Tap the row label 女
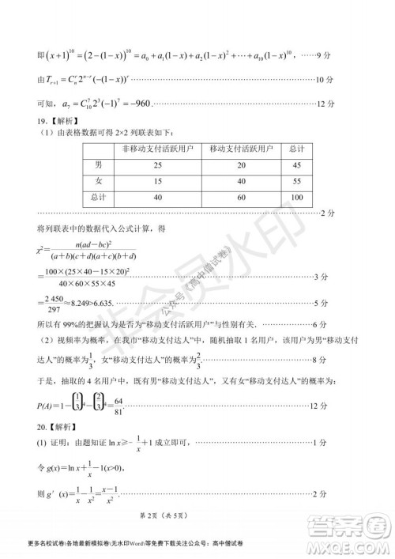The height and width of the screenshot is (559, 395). pyautogui.click(x=98, y=181)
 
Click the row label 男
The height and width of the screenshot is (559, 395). pyautogui.click(x=98, y=164)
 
